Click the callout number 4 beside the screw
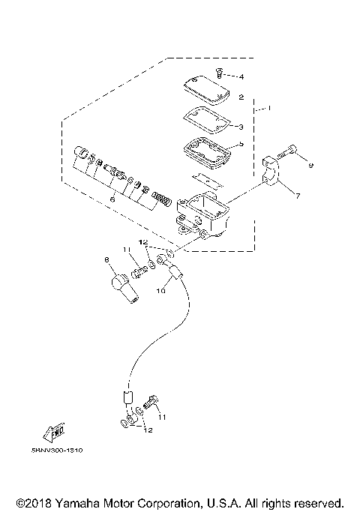coord(241,76)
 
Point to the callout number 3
coord(241,127)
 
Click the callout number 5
coord(241,145)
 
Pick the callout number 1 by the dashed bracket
coord(268,109)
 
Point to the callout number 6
coord(112,200)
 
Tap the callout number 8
coord(107,260)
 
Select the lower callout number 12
coord(148,430)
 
